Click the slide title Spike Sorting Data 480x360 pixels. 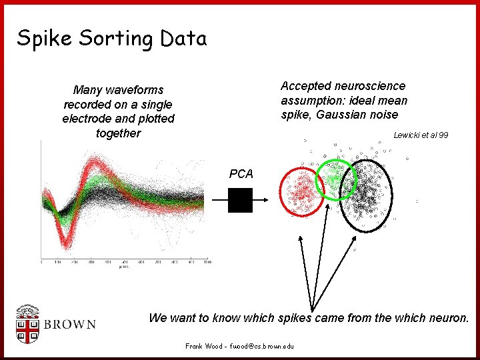[x=112, y=39]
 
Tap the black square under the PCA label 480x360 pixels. [x=240, y=200]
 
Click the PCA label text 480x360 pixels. [x=241, y=174]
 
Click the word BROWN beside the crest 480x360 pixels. [x=69, y=325]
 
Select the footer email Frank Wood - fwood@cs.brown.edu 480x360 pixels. [x=239, y=347]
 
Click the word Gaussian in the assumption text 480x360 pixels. [x=341, y=115]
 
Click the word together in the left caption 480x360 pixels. [x=118, y=133]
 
